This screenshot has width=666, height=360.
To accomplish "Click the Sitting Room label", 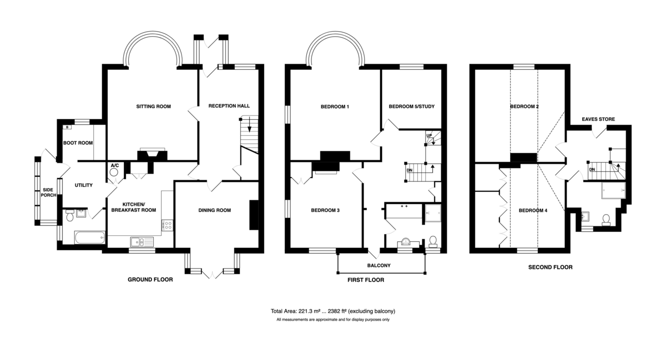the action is (153, 107).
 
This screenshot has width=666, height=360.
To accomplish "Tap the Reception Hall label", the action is (229, 106).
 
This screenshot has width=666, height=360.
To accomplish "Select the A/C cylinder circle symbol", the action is (114, 172).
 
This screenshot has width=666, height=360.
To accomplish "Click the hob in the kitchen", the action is (168, 225).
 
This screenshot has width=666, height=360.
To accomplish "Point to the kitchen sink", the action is (142, 242).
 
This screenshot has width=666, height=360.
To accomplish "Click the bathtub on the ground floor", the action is (90, 237).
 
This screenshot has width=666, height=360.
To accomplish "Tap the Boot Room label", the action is (78, 143).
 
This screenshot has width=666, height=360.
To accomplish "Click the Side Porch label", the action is (48, 192).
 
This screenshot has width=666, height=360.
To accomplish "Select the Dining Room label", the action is (215, 210).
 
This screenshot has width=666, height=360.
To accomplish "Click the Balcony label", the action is (379, 266).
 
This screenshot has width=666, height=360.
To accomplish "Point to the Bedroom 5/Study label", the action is (411, 107).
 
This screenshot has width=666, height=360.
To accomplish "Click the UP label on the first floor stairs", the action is (429, 136).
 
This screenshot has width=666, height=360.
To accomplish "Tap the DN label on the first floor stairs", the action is (410, 170).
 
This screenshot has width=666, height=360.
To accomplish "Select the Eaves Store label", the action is (598, 119).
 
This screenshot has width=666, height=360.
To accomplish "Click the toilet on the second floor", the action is (606, 220).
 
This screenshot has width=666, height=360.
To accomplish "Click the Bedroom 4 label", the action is (533, 210).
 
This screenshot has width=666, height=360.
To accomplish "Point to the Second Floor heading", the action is (551, 267).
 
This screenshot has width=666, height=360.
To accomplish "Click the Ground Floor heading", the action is (150, 280).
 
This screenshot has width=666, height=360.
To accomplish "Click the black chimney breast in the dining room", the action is (254, 215).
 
